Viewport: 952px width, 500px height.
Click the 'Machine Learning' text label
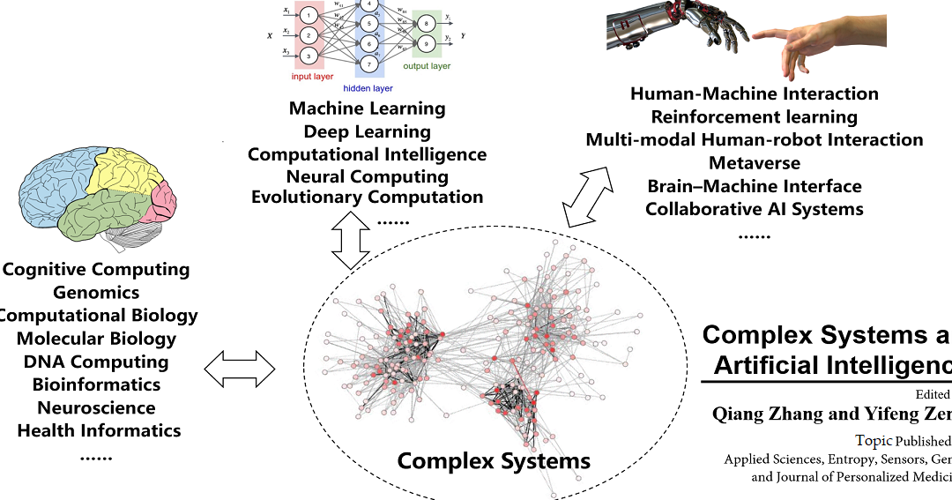(367, 109)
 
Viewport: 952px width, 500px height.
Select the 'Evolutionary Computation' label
(367, 197)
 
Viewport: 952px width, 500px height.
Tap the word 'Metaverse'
(755, 162)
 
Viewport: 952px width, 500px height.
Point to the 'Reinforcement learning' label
(755, 116)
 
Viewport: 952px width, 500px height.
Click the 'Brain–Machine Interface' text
(755, 186)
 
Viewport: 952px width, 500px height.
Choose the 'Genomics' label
(96, 292)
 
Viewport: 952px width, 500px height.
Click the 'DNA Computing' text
(96, 362)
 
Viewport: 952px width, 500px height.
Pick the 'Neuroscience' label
(96, 407)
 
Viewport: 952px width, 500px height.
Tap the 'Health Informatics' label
(99, 430)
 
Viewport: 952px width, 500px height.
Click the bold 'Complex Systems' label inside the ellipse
(494, 460)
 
